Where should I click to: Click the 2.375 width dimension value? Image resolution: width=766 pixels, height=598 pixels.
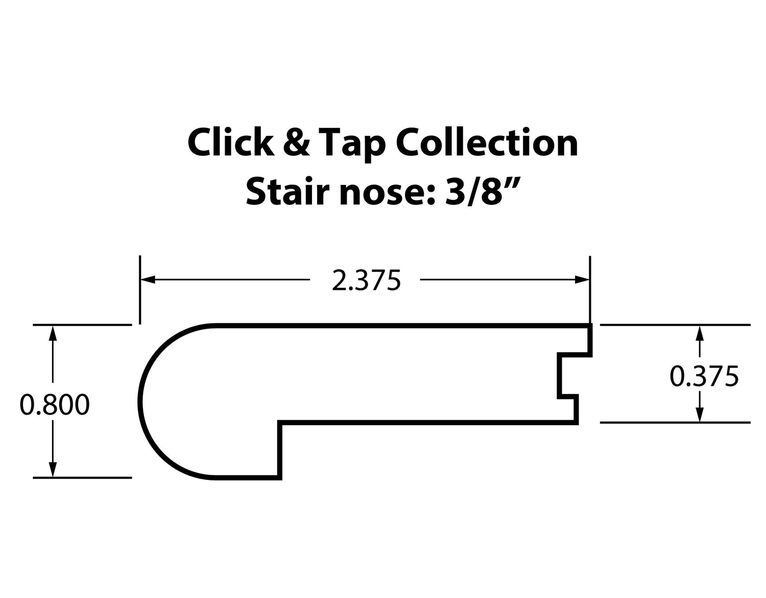pyautogui.click(x=366, y=281)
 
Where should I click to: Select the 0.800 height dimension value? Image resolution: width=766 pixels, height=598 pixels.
pyautogui.click(x=55, y=405)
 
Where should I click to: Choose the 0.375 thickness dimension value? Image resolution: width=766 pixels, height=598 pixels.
pyautogui.click(x=704, y=377)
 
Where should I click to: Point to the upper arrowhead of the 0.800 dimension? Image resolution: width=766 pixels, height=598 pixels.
pyautogui.click(x=52, y=332)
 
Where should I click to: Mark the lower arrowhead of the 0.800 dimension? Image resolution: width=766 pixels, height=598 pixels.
pyautogui.click(x=52, y=470)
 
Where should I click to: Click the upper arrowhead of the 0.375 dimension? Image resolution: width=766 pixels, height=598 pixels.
pyautogui.click(x=700, y=333)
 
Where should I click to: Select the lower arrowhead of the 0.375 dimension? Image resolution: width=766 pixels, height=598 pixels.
pyautogui.click(x=700, y=415)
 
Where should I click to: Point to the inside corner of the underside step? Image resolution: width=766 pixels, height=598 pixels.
pyautogui.click(x=280, y=423)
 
